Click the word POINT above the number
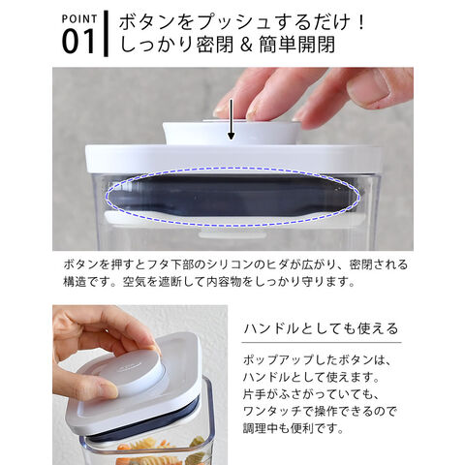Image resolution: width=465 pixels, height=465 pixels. [x=79, y=18]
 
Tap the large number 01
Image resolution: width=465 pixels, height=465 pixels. [x=78, y=42]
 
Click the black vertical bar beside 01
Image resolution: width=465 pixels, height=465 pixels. [x=106, y=34]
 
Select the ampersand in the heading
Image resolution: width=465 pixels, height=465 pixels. [x=246, y=45]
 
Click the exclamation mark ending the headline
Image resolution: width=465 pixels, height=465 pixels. [x=361, y=22]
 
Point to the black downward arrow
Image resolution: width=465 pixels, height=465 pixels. [x=231, y=119]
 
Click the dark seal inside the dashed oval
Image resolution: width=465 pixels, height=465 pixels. [x=232, y=196]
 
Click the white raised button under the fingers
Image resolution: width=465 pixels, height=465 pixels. [x=231, y=133]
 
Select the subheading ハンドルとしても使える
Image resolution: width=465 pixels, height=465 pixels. [x=322, y=328]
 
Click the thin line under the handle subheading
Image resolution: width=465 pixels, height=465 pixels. [x=322, y=342]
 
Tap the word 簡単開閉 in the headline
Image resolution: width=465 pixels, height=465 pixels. [x=297, y=45]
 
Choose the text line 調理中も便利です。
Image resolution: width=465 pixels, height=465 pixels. [x=294, y=428]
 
